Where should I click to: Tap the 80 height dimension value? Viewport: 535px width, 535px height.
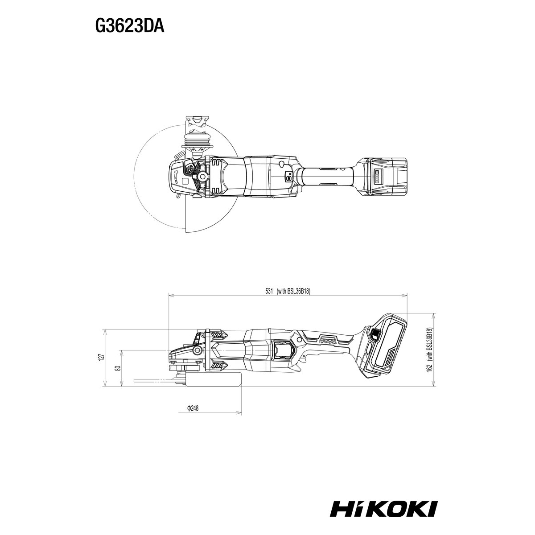pyautogui.click(x=119, y=368)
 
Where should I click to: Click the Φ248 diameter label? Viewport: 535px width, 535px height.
pyautogui.click(x=193, y=408)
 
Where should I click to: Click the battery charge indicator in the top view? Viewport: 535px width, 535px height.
pyautogui.click(x=378, y=176)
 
